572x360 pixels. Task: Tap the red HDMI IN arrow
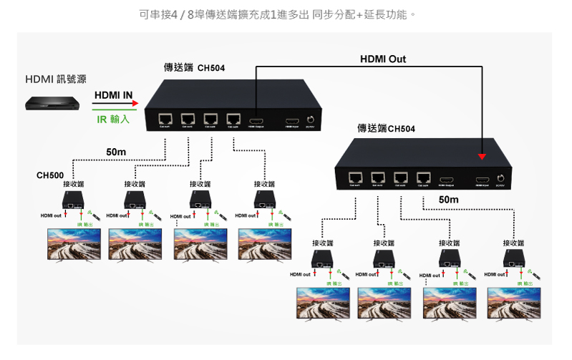tap(115, 103)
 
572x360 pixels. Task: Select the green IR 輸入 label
tap(113, 119)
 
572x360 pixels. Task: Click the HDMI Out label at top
tap(382, 59)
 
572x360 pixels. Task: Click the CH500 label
tap(50, 175)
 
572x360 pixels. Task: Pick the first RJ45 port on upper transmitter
tap(166, 119)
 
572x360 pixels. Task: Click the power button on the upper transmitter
tap(311, 120)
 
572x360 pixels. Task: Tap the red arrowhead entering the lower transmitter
tap(482, 156)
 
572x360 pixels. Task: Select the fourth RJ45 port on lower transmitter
tap(423, 177)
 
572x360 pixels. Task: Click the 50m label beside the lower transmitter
tap(448, 199)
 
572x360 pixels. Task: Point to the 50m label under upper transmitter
tap(116, 152)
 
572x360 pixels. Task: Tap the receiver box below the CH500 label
tap(74, 200)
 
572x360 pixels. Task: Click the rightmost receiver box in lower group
tap(513, 258)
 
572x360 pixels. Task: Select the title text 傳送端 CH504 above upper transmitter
tap(194, 68)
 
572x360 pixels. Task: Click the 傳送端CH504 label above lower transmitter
tap(386, 129)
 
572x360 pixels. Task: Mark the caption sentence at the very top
tap(286, 14)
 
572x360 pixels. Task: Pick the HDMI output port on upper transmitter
tap(256, 120)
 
